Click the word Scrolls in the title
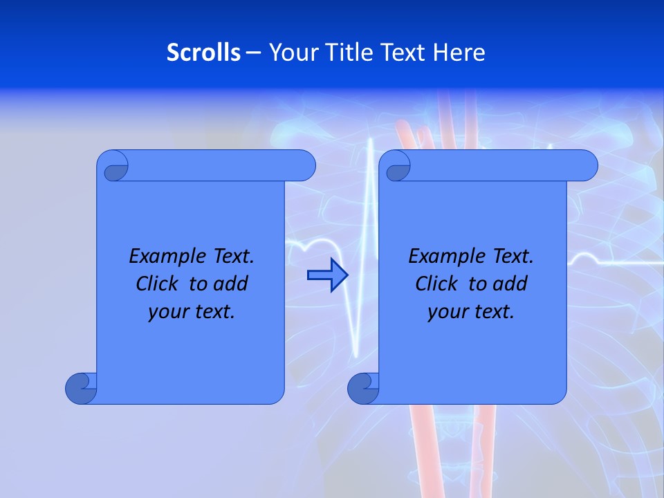click(203, 53)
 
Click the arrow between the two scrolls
click(327, 275)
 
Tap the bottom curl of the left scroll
click(80, 387)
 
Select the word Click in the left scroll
click(157, 284)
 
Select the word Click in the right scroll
click(436, 284)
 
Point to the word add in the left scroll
click(232, 284)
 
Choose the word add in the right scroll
click(511, 284)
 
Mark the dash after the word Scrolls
click(253, 53)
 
